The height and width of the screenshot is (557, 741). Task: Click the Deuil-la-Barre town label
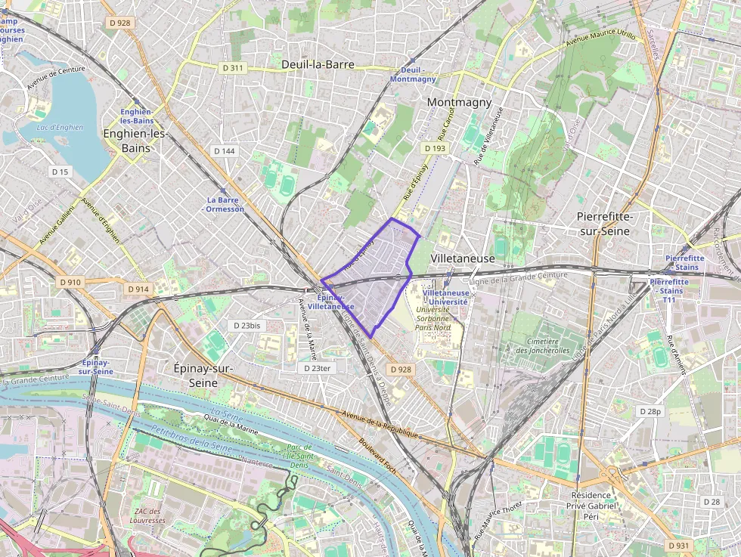click(x=318, y=64)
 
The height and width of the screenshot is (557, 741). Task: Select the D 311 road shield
click(x=234, y=68)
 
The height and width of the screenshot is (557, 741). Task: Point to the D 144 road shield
click(x=225, y=151)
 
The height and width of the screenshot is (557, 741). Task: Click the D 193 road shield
click(x=435, y=148)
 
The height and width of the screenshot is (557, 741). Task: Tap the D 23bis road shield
click(x=246, y=325)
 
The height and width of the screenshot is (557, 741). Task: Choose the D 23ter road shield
click(x=317, y=368)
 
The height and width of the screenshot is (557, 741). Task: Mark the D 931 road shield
click(x=680, y=545)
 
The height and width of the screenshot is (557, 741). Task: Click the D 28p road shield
click(x=650, y=411)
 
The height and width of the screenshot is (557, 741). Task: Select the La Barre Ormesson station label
click(x=225, y=205)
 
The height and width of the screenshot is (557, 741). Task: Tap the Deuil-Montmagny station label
click(x=414, y=74)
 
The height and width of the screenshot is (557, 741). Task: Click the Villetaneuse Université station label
click(x=445, y=297)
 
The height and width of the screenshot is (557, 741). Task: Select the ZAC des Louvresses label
click(x=147, y=516)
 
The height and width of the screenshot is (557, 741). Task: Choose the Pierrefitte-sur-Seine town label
click(x=604, y=223)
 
